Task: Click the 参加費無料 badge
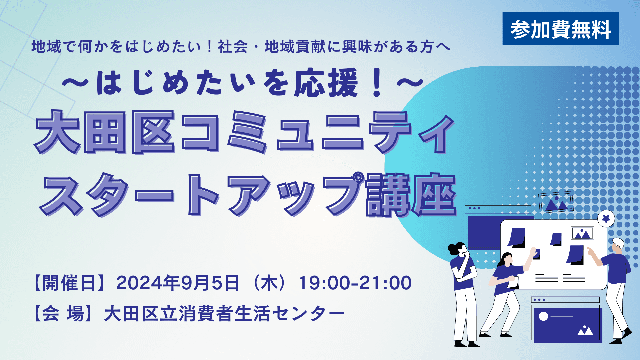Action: pos(560,29)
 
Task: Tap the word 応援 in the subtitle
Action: pos(326,83)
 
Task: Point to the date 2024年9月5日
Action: pos(178,283)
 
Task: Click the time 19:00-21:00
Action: pos(355,283)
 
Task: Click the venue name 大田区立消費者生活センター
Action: pos(224,314)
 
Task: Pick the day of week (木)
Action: pos(269,283)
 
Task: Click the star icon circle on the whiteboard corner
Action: pos(606,219)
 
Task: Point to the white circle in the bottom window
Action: pos(543,316)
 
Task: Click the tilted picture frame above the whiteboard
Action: pos(556,202)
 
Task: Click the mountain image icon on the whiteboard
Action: pos(582,233)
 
